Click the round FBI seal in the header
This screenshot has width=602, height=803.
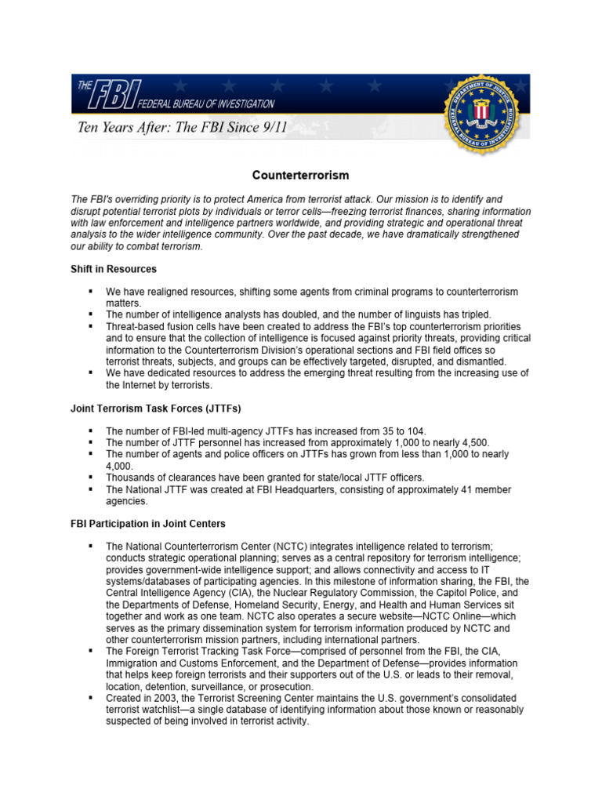(481, 112)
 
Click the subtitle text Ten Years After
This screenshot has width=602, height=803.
(178, 128)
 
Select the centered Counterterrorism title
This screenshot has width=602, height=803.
(300, 175)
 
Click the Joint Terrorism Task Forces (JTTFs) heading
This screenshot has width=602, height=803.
(156, 409)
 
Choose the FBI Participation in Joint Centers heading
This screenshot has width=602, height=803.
(148, 524)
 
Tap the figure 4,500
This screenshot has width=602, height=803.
(448, 442)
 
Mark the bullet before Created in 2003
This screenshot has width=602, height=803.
(91, 697)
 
